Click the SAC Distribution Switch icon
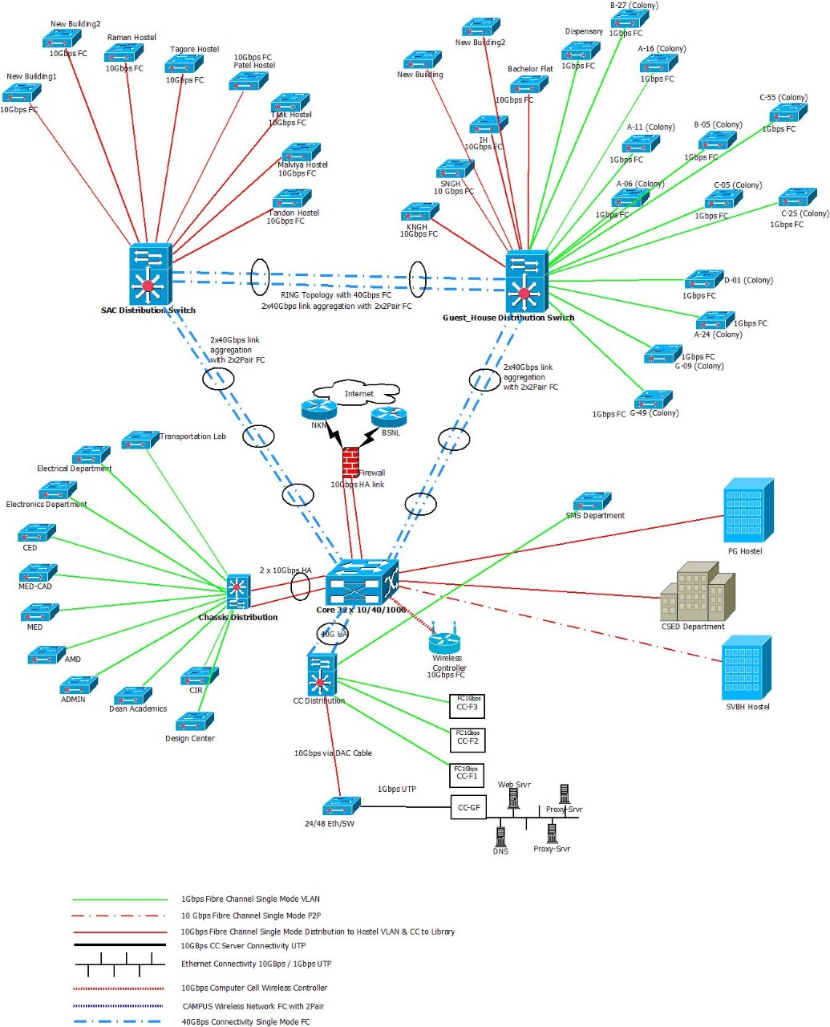150,274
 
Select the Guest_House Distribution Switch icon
526,282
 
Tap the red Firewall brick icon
350,462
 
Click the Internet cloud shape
358,392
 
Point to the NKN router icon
318,410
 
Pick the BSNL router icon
389,417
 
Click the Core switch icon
362,582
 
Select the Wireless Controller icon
444,641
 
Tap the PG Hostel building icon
748,511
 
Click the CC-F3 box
467,705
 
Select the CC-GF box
468,807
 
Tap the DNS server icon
500,834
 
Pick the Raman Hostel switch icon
123,54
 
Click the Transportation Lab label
192,436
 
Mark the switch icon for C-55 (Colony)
787,113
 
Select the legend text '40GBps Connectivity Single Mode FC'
245,1021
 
